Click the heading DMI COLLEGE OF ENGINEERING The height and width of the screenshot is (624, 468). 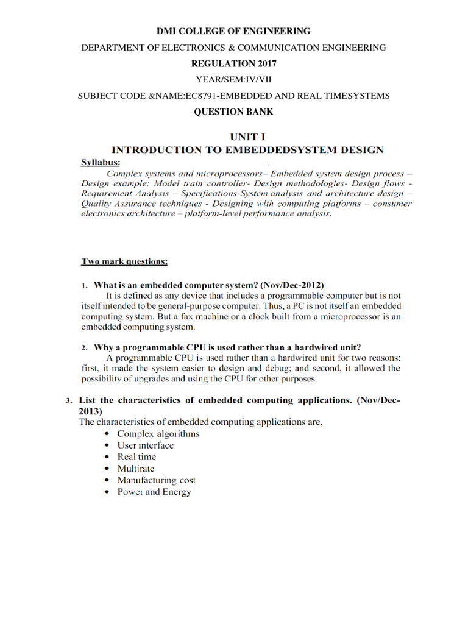click(x=234, y=31)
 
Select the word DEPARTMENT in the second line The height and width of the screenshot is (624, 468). click(x=112, y=48)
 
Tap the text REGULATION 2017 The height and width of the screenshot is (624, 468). click(x=233, y=63)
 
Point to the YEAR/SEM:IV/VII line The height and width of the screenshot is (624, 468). click(x=233, y=80)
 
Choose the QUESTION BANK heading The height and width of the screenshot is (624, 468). click(x=233, y=112)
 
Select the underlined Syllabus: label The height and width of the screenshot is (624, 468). click(x=101, y=162)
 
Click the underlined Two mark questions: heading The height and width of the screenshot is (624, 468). click(x=124, y=262)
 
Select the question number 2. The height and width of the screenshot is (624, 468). click(x=85, y=347)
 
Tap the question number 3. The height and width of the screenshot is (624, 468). click(x=69, y=401)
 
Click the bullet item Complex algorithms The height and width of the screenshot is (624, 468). click(x=158, y=434)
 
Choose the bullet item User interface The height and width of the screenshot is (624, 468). click(x=145, y=445)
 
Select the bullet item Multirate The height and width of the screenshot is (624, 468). click(x=136, y=469)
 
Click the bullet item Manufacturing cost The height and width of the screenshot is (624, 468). click(x=156, y=480)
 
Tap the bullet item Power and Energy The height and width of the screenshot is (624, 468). click(x=154, y=492)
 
